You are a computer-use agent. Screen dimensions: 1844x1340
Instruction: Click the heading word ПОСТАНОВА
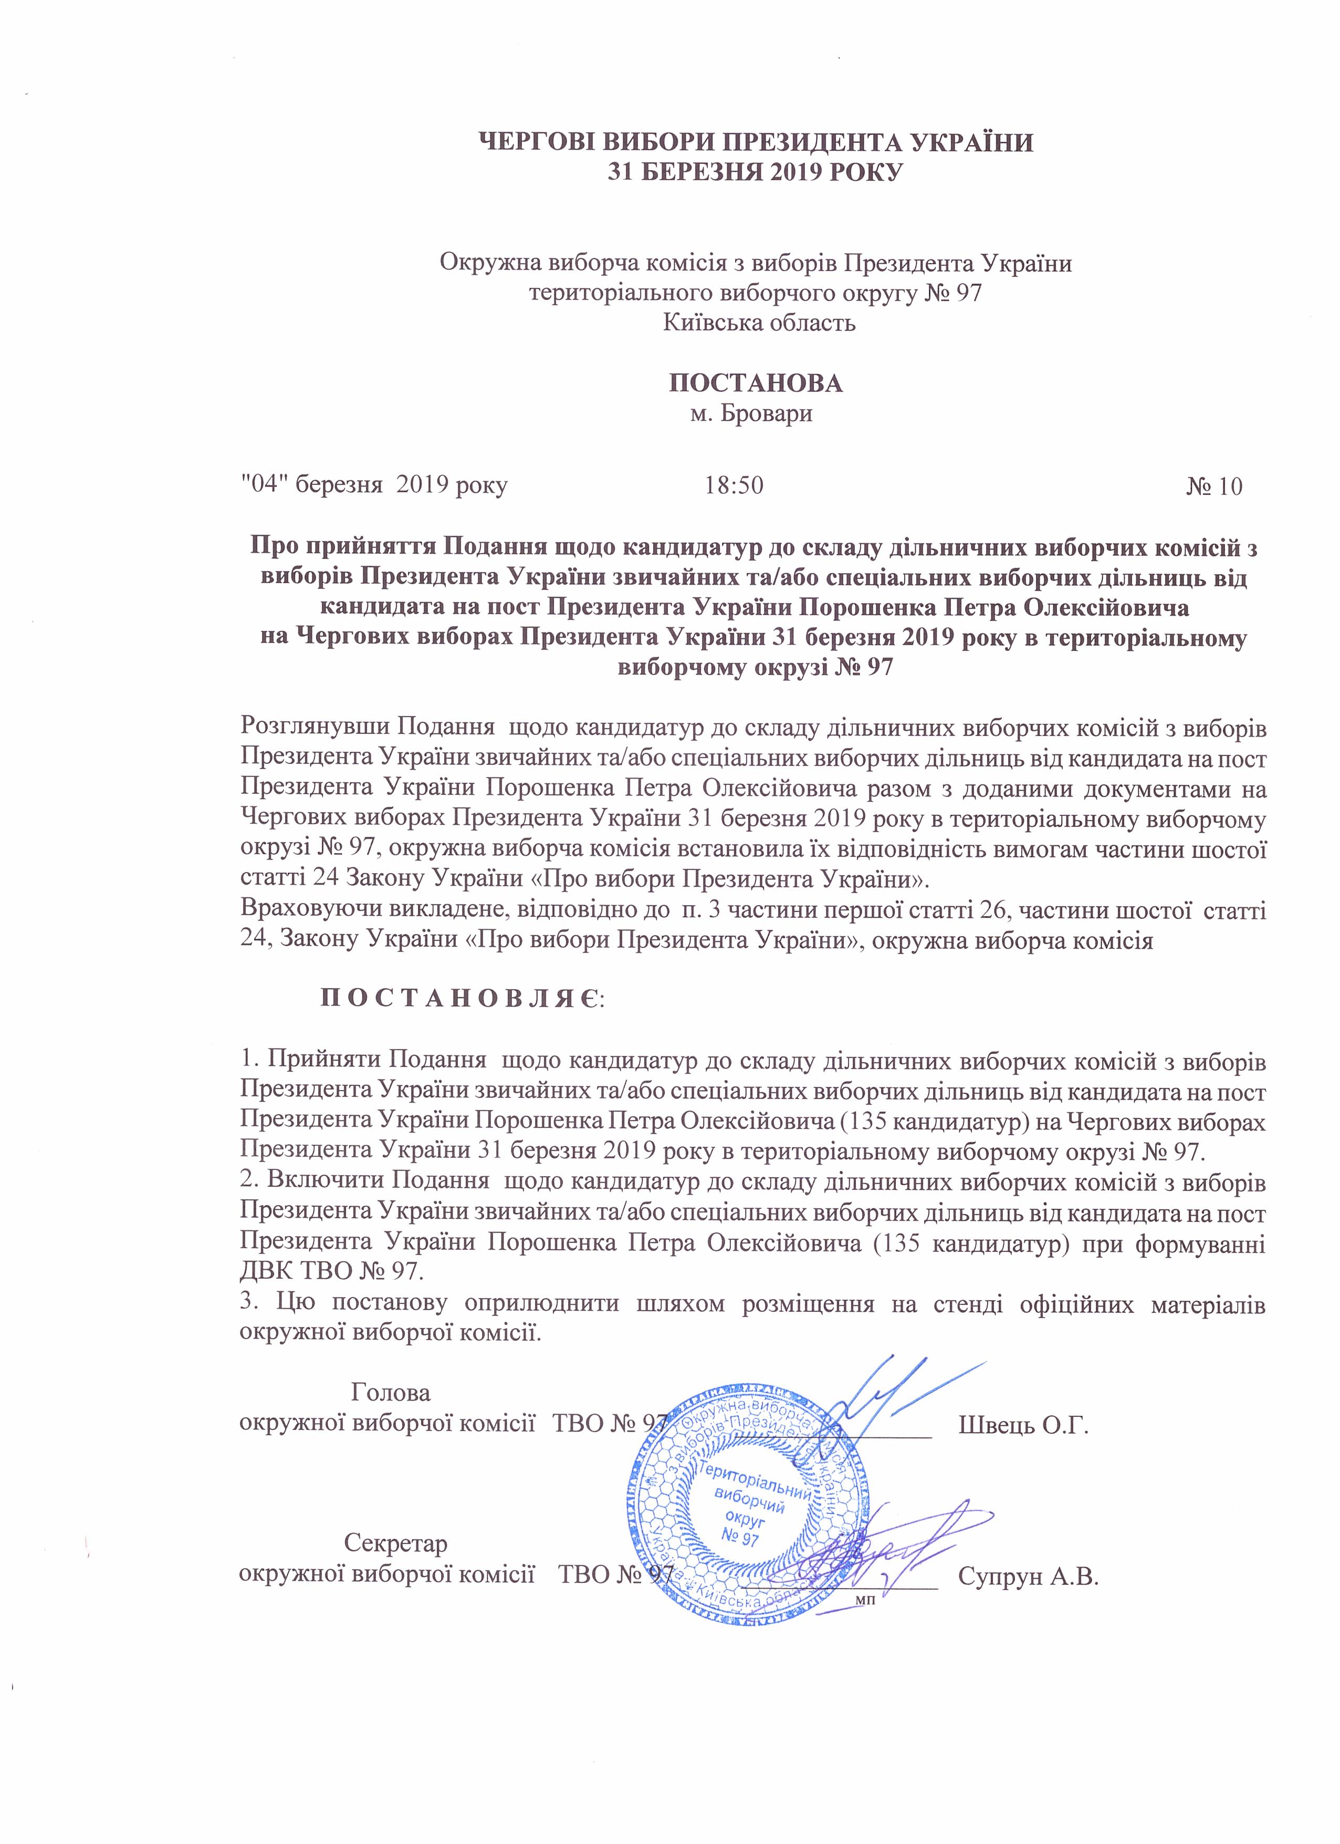click(x=755, y=383)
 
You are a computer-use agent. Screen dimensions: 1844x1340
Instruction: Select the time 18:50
click(x=734, y=486)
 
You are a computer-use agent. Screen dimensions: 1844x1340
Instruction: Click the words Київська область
click(x=759, y=323)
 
